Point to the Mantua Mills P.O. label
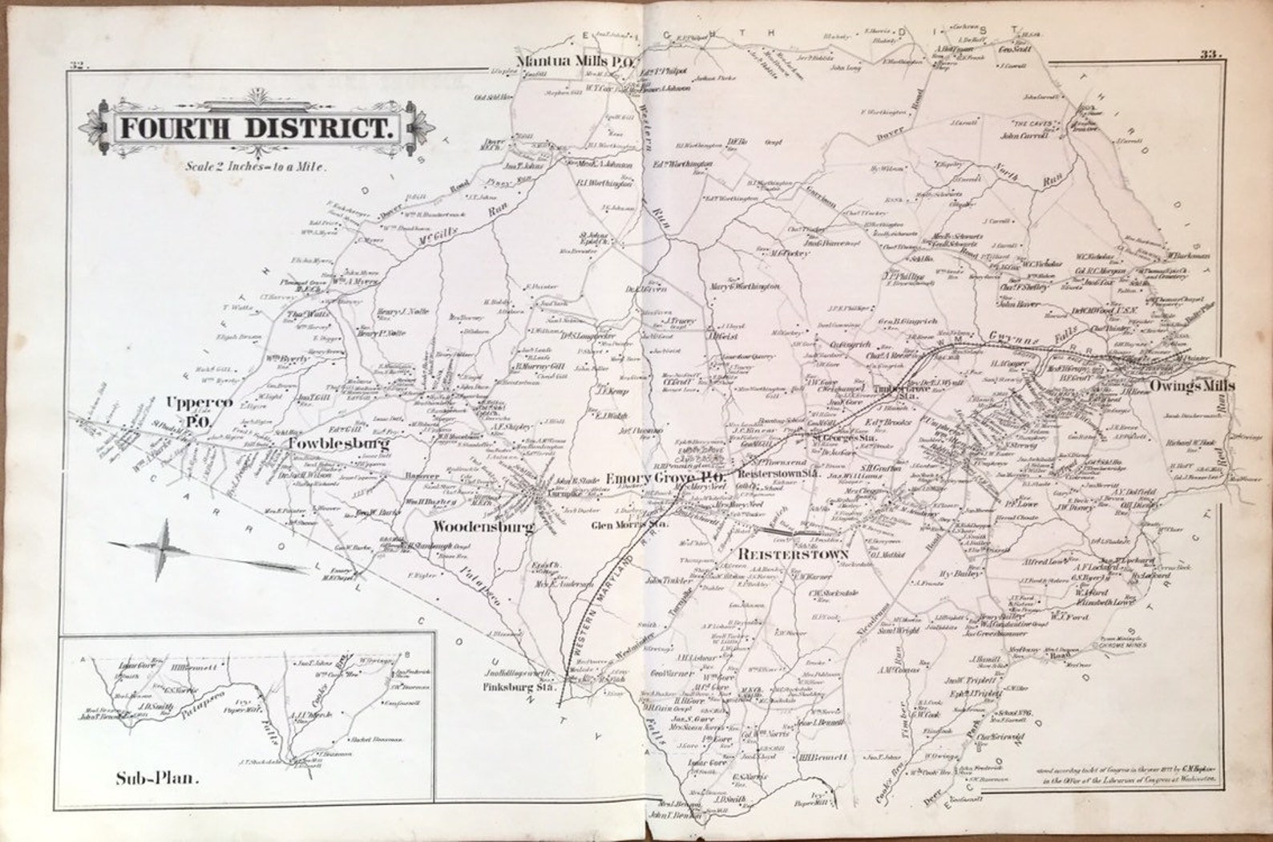coord(576,61)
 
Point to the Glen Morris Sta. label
coord(629,526)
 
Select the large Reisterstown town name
coord(792,554)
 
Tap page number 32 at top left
coord(78,66)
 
